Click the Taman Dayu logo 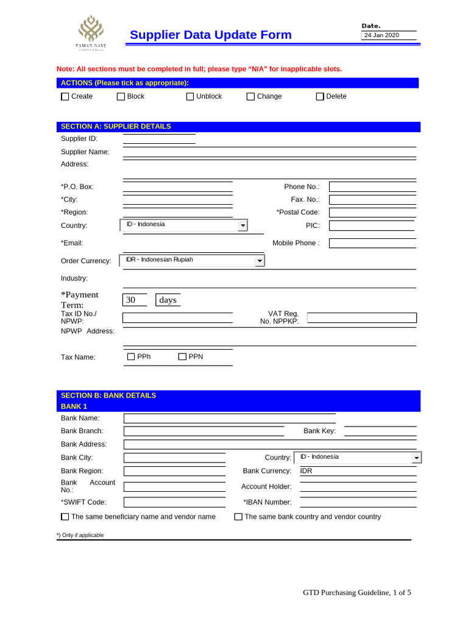pyautogui.click(x=90, y=32)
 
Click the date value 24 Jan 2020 pyautogui.click(x=381, y=35)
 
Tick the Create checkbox pyautogui.click(x=65, y=96)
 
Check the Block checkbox pyautogui.click(x=121, y=96)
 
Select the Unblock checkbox pyautogui.click(x=190, y=96)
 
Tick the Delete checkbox pyautogui.click(x=320, y=96)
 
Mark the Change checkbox pyautogui.click(x=250, y=96)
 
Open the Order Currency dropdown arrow pyautogui.click(x=260, y=261)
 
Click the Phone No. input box pyautogui.click(x=372, y=186)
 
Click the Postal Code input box pyautogui.click(x=372, y=212)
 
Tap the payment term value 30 pyautogui.click(x=135, y=300)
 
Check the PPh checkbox pyautogui.click(x=130, y=356)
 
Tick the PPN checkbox pyautogui.click(x=182, y=356)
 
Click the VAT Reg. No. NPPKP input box pyautogui.click(x=362, y=317)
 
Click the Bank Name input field pyautogui.click(x=230, y=418)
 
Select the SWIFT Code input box pyautogui.click(x=174, y=502)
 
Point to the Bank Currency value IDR pyautogui.click(x=307, y=471)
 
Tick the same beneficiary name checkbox pyautogui.click(x=65, y=517)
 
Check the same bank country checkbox pyautogui.click(x=238, y=517)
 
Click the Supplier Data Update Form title pyautogui.click(x=211, y=35)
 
